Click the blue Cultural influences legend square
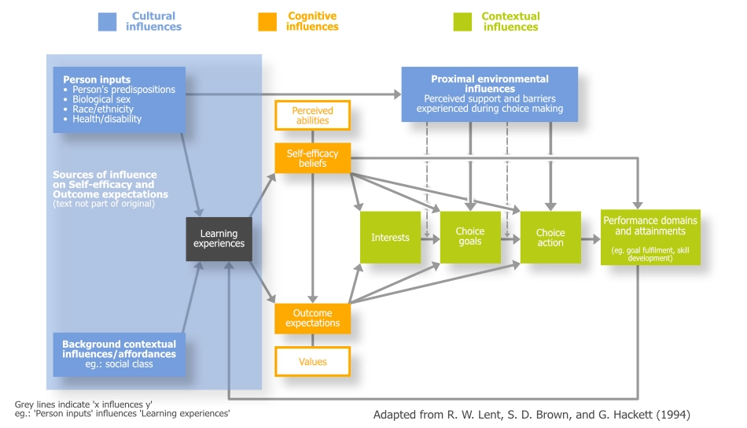(x=107, y=21)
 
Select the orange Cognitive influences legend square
(x=267, y=21)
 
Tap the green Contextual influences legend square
(x=463, y=21)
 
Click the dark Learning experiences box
(x=219, y=238)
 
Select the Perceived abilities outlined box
(x=312, y=116)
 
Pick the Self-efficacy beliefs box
(x=312, y=158)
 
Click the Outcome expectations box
(x=312, y=318)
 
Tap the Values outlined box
(x=312, y=361)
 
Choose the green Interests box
(x=390, y=238)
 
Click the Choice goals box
(x=470, y=237)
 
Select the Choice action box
(x=550, y=238)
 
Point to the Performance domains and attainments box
(x=650, y=237)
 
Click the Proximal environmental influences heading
(x=489, y=84)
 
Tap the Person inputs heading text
(x=96, y=79)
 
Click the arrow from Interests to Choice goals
(x=430, y=238)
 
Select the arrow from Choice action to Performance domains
(x=591, y=238)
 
